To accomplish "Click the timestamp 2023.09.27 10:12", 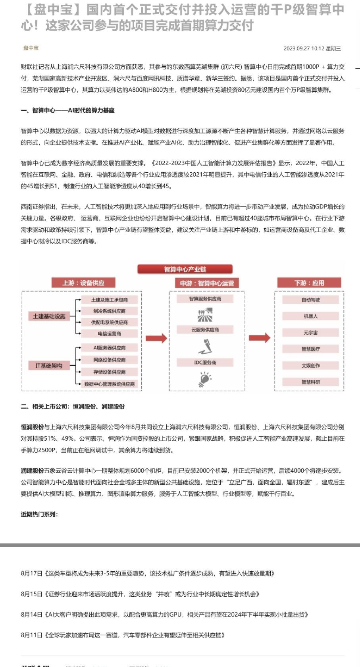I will (x=304, y=48).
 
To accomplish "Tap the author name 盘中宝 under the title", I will (x=31, y=48).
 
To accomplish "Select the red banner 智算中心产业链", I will (x=185, y=269).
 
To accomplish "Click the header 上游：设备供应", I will (x=83, y=283).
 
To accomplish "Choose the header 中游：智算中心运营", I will (x=207, y=283).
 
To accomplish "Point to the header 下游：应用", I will (x=309, y=283).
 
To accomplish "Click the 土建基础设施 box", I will (x=49, y=316).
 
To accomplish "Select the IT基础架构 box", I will (x=49, y=366).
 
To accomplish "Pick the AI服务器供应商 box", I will (x=110, y=348).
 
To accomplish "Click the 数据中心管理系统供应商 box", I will (x=110, y=384).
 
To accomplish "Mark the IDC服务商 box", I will (x=205, y=362).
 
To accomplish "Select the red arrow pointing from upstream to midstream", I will (x=156, y=338).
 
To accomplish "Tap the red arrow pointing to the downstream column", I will (x=260, y=338).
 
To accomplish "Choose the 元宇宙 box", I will (x=310, y=333).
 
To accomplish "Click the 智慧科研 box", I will (x=310, y=382).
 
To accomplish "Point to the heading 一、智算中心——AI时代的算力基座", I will (x=68, y=110).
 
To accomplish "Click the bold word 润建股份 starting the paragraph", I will (x=33, y=470).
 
